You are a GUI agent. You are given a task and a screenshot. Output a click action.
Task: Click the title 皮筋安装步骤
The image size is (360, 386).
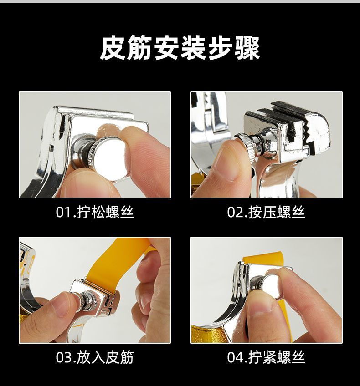coord(180,48)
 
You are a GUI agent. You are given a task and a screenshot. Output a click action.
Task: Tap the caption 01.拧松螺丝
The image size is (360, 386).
coord(95,212)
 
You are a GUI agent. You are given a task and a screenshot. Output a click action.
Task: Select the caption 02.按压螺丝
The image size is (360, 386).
coord(266,212)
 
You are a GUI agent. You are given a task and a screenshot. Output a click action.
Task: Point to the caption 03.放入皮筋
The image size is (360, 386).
coord(95,357)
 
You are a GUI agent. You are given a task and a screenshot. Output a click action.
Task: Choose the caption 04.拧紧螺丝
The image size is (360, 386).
coord(266,357)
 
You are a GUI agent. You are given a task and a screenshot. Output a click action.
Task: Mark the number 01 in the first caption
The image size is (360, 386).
coord(63,213)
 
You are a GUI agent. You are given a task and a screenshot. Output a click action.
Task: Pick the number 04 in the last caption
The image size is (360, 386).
coord(235,358)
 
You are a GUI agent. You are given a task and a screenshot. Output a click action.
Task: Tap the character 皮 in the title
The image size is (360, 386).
coord(113,48)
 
